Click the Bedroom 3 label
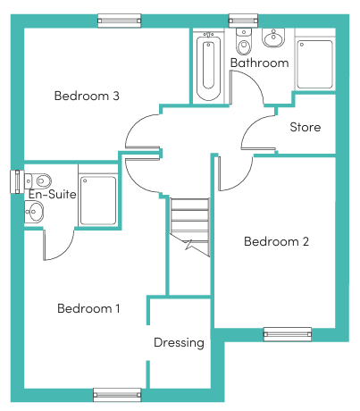87,96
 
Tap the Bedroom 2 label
276,241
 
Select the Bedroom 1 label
88,308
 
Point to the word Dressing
179,343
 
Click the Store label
306,127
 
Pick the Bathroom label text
260,63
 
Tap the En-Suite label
53,194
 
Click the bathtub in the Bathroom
208,66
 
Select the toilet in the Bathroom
244,41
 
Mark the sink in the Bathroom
273,38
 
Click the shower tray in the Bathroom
314,64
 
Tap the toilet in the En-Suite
38,180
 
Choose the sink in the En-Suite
34,212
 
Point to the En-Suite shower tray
98,200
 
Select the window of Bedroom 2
288,334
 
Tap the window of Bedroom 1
117,395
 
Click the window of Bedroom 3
120,21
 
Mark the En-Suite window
17,181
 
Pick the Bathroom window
243,21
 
